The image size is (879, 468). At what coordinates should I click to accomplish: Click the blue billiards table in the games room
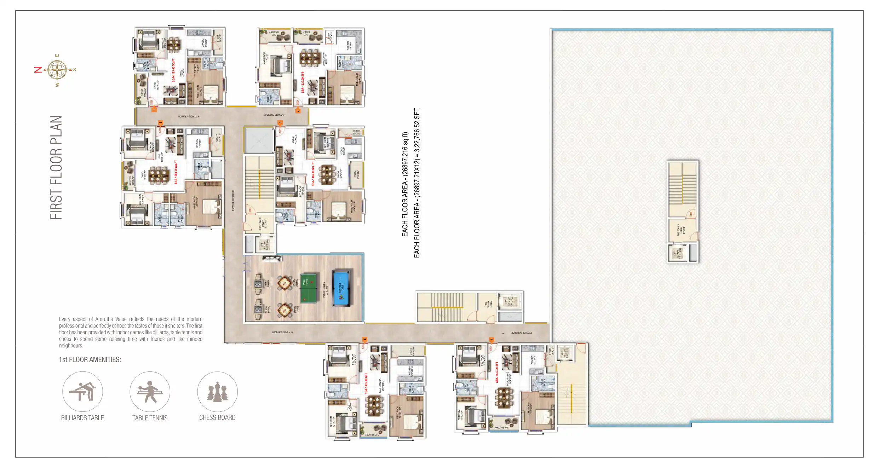[x=341, y=288]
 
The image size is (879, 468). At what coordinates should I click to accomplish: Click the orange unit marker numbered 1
[x=154, y=110]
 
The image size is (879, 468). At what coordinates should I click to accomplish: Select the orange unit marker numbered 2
[x=298, y=111]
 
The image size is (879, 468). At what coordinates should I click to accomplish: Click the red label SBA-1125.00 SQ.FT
[x=173, y=70]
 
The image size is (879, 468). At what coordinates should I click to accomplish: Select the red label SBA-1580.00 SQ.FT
[x=176, y=172]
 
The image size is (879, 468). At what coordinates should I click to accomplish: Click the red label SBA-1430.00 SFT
[x=497, y=372]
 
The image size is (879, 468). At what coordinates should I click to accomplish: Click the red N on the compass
[x=38, y=70]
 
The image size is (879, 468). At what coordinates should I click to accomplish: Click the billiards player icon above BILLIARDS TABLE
[x=82, y=392]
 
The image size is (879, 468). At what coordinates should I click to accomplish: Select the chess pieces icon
[x=217, y=392]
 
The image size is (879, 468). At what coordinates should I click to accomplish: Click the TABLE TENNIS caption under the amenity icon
[x=150, y=418]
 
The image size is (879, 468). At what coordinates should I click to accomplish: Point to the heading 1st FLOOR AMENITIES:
[x=90, y=360]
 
